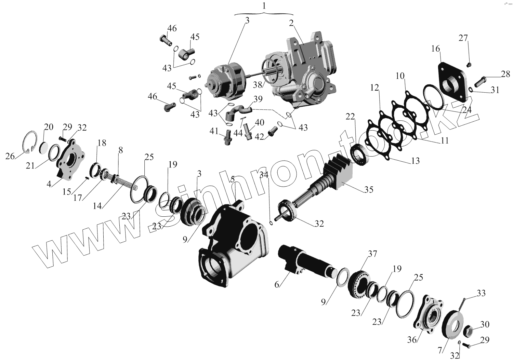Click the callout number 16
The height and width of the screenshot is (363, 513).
(x=435, y=49)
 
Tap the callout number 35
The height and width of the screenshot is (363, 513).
(x=368, y=189)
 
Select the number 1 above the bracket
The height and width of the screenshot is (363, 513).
(x=263, y=6)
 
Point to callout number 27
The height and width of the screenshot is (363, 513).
(x=463, y=38)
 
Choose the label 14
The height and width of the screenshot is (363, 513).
(x=98, y=206)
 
